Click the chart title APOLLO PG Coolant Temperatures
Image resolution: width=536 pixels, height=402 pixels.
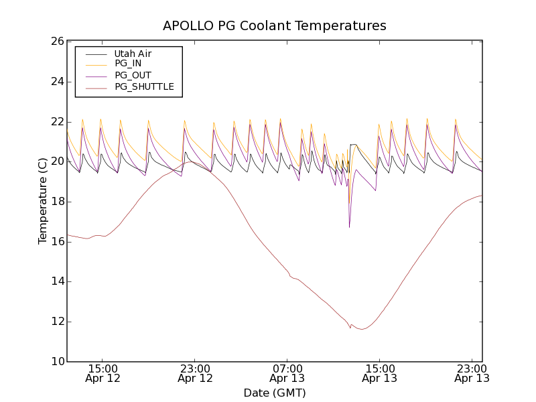(x=275, y=25)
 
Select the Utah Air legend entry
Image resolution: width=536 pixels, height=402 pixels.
(x=133, y=53)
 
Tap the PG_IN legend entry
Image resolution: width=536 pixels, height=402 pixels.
(x=128, y=64)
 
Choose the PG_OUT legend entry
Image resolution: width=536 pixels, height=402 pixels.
(x=133, y=75)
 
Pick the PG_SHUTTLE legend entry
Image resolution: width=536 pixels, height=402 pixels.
(x=144, y=86)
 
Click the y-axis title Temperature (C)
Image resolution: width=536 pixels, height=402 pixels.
(x=43, y=201)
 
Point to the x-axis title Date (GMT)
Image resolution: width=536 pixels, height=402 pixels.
(x=275, y=393)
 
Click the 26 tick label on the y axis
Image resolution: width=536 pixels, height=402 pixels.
(x=56, y=42)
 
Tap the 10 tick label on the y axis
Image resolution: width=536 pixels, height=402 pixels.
(x=56, y=362)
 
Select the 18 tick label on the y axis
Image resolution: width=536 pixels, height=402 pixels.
(x=56, y=202)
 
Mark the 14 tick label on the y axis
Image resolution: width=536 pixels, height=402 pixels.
(x=56, y=281)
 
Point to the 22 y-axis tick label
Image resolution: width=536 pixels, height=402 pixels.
(x=56, y=122)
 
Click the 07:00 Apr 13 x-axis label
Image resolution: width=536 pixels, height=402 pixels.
(x=287, y=373)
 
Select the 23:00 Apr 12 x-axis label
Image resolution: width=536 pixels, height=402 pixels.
(x=195, y=373)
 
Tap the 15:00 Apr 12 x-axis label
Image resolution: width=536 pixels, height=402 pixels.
(x=103, y=373)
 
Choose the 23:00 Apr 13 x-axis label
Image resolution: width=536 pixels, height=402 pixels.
(x=471, y=373)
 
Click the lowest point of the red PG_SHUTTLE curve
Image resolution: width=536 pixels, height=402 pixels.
(x=362, y=329)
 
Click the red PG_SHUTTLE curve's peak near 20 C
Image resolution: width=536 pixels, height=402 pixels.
(x=190, y=161)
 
